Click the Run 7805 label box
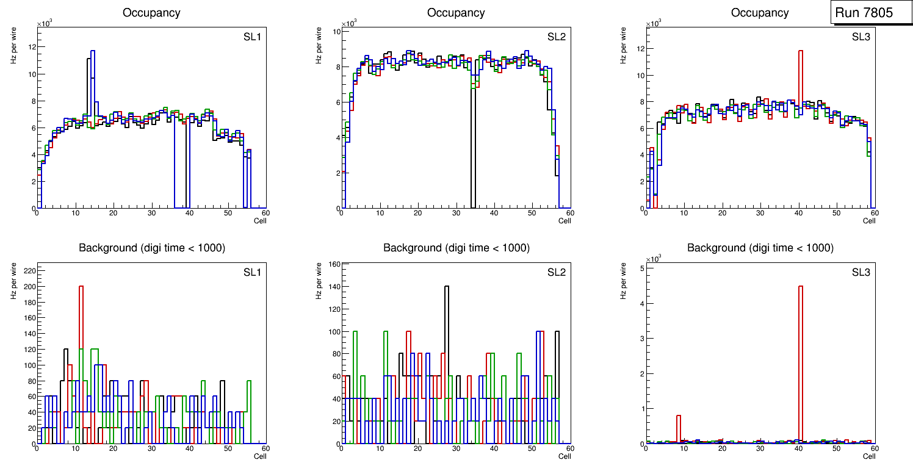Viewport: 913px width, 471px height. (867, 13)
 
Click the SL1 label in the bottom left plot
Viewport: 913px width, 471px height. (252, 272)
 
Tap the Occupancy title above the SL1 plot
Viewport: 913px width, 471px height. (151, 13)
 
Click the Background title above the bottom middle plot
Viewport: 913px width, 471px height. (456, 248)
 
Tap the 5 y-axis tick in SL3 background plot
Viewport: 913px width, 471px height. (641, 268)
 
